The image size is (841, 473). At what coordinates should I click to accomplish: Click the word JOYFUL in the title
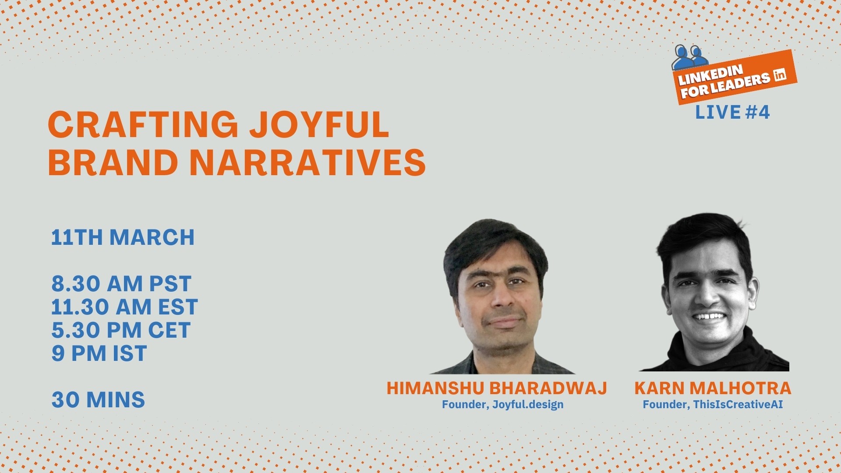(x=319, y=124)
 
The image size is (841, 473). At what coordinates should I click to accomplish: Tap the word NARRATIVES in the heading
(x=307, y=162)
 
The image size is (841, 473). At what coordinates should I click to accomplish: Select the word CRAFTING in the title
(x=143, y=124)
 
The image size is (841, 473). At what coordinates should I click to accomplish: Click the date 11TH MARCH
(x=123, y=237)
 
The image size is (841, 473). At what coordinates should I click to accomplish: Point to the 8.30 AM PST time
(x=121, y=284)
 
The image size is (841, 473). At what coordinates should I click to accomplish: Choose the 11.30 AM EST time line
(x=124, y=307)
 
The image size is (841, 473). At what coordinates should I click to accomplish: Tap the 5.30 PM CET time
(x=121, y=330)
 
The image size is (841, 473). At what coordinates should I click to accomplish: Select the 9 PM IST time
(x=99, y=353)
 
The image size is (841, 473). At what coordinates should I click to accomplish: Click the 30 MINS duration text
(x=98, y=400)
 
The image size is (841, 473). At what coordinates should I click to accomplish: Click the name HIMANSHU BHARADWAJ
(x=497, y=388)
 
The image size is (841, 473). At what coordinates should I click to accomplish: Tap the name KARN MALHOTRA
(x=713, y=388)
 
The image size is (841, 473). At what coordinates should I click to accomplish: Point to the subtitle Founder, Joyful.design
(x=502, y=405)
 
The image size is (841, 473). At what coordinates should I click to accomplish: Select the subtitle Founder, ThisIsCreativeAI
(x=713, y=405)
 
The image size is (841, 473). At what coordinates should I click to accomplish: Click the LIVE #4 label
(x=732, y=113)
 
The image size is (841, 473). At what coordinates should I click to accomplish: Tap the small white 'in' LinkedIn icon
(x=780, y=75)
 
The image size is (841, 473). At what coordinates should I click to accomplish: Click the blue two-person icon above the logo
(x=689, y=57)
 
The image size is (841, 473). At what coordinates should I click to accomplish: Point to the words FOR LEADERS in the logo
(x=725, y=85)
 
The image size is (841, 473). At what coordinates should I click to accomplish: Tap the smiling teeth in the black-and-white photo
(x=709, y=316)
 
